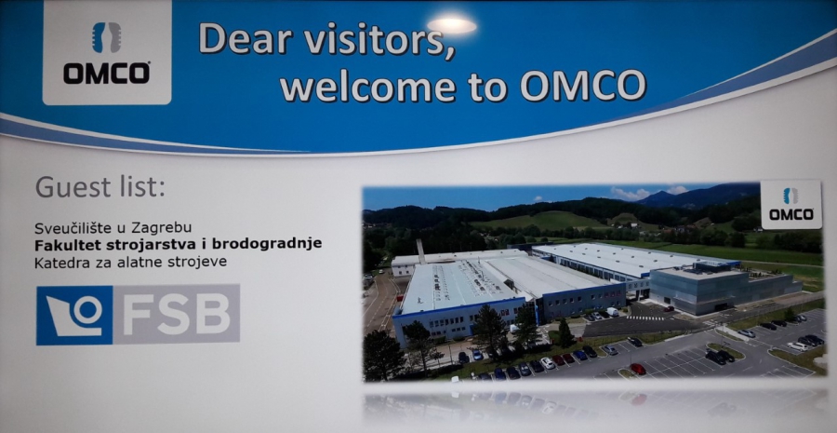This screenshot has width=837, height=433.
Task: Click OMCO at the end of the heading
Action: pos(583,86)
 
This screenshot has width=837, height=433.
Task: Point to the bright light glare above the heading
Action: pos(452,25)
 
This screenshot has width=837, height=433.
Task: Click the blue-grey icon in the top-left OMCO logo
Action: pos(107,37)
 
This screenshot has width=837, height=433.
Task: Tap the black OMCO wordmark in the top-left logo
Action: pos(107,74)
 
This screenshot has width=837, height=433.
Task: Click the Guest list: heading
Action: pos(100,188)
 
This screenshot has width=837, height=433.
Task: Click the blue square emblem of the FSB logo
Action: pos(74,316)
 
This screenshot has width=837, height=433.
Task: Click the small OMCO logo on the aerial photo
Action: pos(791,204)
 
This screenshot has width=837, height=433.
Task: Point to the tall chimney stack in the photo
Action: pos(420,251)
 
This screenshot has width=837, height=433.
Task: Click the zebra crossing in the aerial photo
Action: pos(646,318)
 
